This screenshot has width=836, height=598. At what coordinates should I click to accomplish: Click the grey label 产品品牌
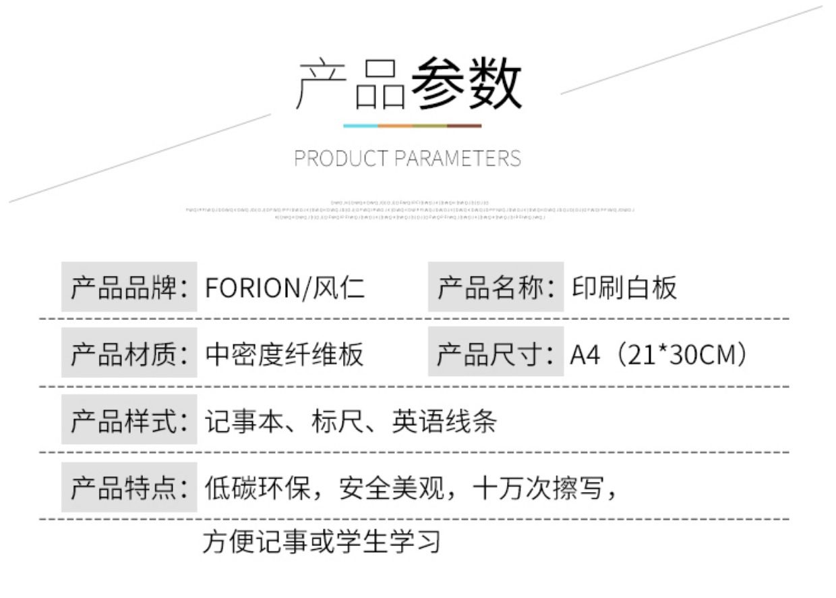point(129,288)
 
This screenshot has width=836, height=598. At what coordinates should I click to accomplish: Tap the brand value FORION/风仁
point(285,288)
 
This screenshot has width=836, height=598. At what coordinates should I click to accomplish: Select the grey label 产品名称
point(496,288)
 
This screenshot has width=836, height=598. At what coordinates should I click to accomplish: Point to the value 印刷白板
point(624,288)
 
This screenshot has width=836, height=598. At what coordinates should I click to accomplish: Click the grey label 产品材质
point(129,354)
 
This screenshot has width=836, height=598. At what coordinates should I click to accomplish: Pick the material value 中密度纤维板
point(284,354)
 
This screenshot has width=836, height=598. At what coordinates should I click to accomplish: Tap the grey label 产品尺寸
point(496,354)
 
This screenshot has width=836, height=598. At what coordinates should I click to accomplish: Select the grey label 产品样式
point(129,420)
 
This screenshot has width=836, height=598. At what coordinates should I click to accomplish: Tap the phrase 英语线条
point(444,421)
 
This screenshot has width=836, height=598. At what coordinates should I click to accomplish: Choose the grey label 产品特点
point(129,487)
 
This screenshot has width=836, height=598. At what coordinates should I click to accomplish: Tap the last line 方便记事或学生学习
point(322,541)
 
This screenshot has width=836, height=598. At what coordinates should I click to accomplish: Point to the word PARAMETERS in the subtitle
point(457,159)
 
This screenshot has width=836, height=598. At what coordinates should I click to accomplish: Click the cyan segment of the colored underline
point(361,126)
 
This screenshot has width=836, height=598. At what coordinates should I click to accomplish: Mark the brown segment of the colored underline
point(465,126)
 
